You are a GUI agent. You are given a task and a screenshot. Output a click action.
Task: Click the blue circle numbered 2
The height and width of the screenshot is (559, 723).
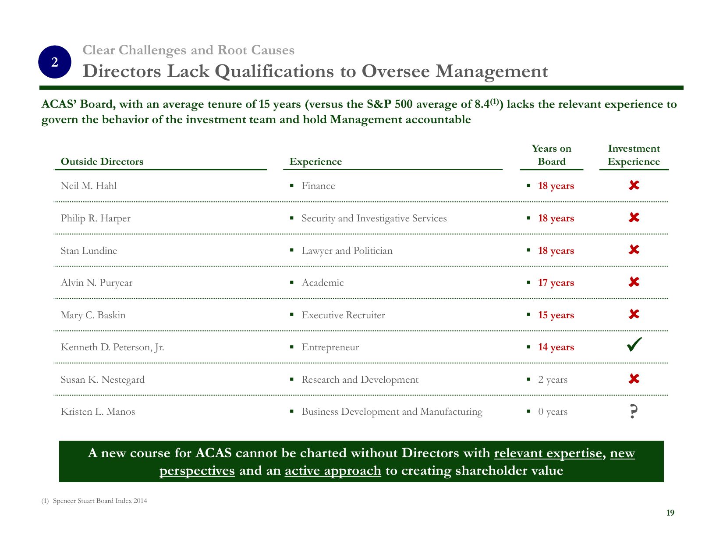[x=55, y=62]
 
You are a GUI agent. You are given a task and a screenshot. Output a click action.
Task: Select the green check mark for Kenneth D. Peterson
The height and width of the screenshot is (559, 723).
[x=634, y=345]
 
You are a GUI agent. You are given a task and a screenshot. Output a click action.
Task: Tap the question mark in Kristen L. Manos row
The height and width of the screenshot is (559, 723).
[x=633, y=412]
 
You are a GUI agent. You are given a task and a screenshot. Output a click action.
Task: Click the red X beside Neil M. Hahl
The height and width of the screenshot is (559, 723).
[x=634, y=185]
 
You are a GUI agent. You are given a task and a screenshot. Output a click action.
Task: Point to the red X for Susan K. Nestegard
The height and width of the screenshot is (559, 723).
[x=634, y=379]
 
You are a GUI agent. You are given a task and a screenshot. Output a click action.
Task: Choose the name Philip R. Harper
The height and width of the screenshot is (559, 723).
[x=96, y=218]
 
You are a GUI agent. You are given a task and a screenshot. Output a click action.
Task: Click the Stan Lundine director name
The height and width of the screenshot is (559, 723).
[x=89, y=251]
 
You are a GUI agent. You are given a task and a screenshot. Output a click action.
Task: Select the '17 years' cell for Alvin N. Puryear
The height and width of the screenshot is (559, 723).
[x=556, y=283]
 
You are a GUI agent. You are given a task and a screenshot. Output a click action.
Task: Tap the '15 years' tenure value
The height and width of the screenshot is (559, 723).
[x=556, y=315]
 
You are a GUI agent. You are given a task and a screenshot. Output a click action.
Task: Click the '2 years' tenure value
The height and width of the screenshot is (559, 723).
[x=553, y=380]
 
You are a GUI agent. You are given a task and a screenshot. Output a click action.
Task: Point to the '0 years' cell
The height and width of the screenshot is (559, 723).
[x=553, y=412]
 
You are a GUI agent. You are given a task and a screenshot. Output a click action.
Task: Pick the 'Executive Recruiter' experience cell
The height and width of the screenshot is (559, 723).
[x=343, y=315]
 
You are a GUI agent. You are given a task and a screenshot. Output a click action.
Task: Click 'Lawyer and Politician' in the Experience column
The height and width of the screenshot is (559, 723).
[x=347, y=251]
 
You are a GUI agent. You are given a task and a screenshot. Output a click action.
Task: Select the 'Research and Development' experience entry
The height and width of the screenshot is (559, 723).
[x=360, y=380]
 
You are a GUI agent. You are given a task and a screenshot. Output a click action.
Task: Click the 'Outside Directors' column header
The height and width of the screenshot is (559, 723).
[x=102, y=162]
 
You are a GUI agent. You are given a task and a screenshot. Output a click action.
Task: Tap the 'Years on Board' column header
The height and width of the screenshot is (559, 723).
[x=551, y=155]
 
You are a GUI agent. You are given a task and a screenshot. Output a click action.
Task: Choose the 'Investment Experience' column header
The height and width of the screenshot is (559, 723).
[x=634, y=155]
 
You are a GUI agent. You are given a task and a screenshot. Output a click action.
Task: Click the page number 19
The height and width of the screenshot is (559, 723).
[x=670, y=513]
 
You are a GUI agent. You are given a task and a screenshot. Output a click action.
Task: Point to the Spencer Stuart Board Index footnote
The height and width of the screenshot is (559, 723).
[x=99, y=501]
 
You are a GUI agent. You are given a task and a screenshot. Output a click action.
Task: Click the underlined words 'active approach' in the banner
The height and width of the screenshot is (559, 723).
[x=333, y=470]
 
